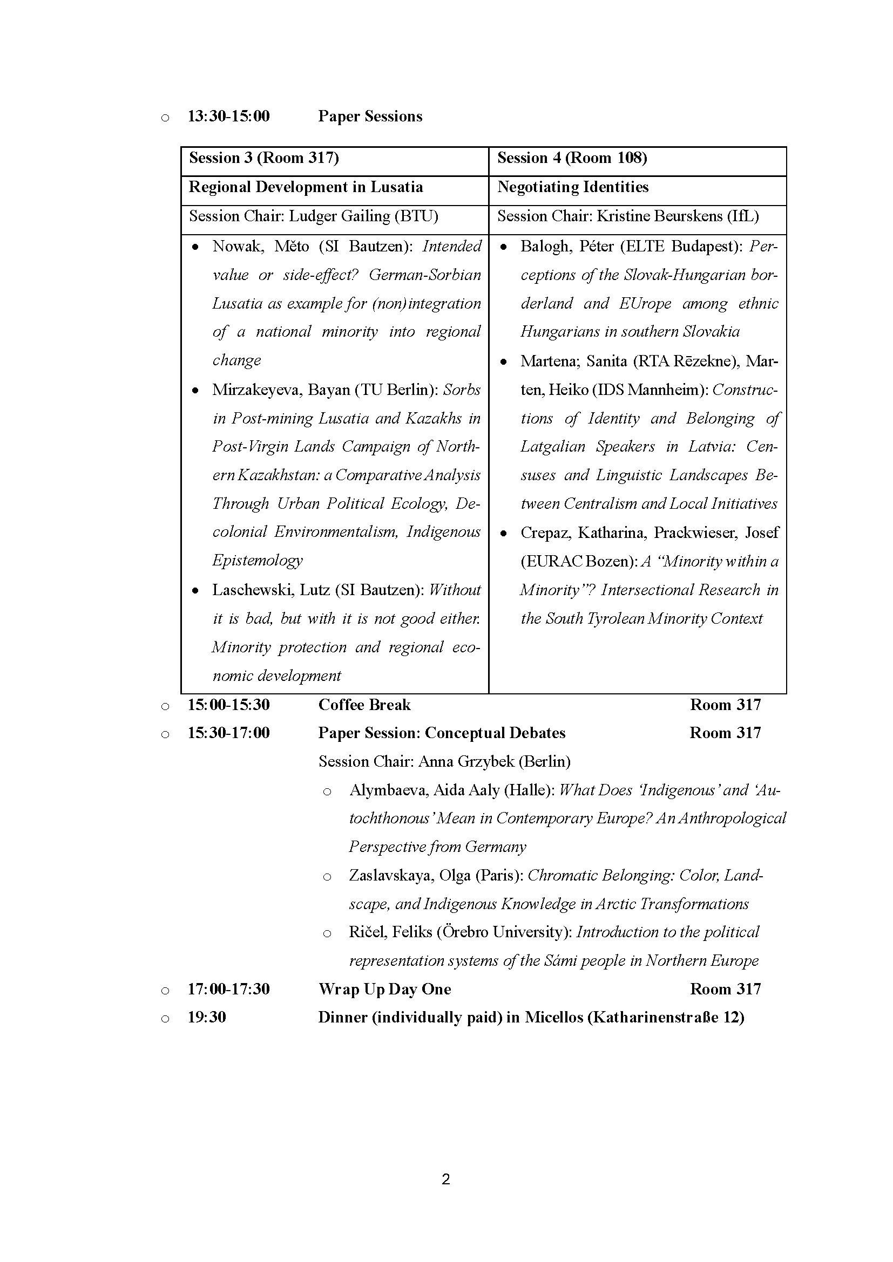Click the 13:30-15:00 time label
(229, 117)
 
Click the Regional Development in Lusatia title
(306, 187)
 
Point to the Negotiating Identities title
(573, 187)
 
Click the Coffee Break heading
(364, 705)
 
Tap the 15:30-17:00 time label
(229, 733)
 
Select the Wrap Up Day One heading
(384, 990)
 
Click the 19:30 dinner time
(207, 1018)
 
